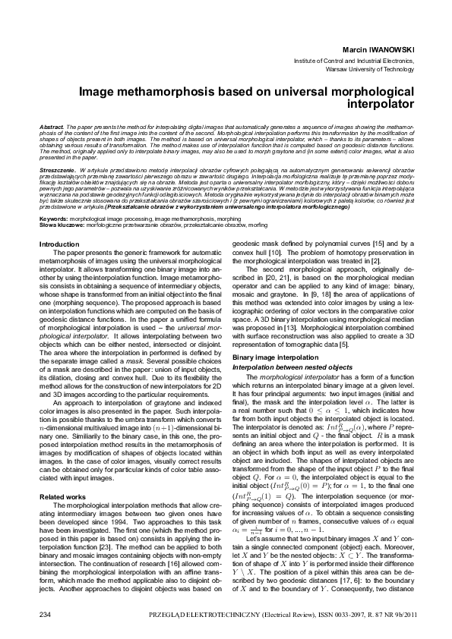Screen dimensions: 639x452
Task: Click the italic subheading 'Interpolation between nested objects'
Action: (292, 367)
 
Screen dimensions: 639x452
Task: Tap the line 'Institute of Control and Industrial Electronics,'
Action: (354, 58)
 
